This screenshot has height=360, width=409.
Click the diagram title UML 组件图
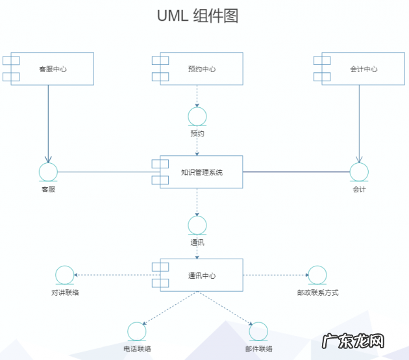coord(197,16)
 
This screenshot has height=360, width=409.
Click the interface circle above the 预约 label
coord(197,117)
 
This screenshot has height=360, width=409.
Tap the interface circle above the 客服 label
coord(48,172)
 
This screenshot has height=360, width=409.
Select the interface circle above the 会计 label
coord(359,172)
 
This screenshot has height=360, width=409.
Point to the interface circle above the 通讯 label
coord(197,225)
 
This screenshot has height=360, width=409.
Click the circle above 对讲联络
coord(64,276)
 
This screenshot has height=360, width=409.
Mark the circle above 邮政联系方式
coord(317,276)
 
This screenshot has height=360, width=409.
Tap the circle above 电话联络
coord(137,331)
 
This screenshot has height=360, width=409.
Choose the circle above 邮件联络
coord(258,331)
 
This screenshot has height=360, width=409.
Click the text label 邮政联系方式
coord(317,292)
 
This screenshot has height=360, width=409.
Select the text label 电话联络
coord(137,349)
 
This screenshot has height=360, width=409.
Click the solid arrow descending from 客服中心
coord(48,123)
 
